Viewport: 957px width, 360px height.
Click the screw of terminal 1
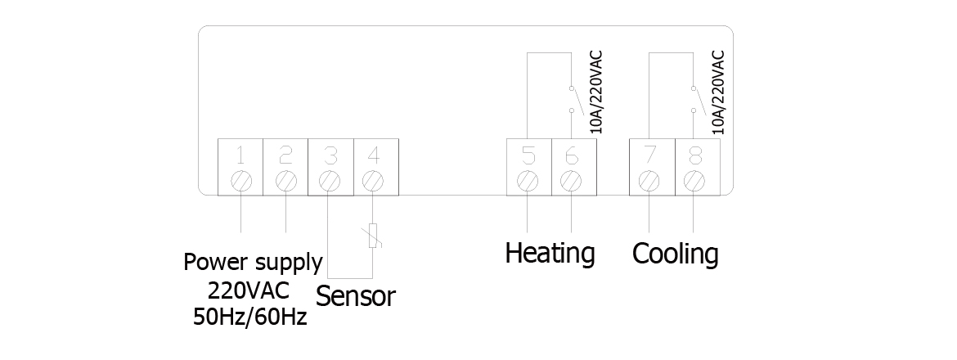(241, 178)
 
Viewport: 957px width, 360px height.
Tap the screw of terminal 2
(285, 178)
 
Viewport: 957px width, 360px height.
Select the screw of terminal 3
(329, 178)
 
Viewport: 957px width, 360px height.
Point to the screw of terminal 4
(373, 178)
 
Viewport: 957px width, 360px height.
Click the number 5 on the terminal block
(528, 155)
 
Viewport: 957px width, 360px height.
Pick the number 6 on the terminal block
(572, 155)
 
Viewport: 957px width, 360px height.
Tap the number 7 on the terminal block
(649, 155)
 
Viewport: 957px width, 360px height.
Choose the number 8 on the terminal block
(694, 155)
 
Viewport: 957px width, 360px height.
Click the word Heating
(550, 253)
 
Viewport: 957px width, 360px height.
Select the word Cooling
(676, 254)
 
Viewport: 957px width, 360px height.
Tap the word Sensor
(355, 295)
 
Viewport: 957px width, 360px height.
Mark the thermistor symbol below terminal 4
(373, 235)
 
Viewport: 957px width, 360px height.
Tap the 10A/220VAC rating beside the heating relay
(596, 92)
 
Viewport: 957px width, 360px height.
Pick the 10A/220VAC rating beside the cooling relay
(719, 92)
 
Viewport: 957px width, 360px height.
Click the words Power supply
(253, 263)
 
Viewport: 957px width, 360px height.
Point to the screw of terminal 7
(649, 178)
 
